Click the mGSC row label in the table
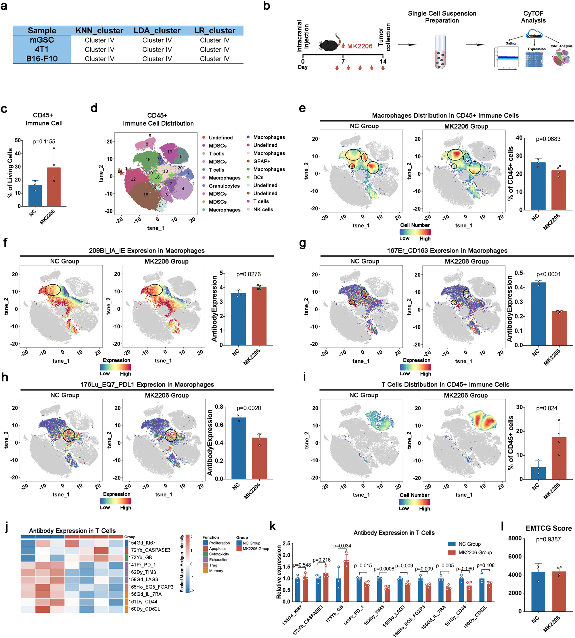click(42, 40)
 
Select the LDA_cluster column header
click(157, 31)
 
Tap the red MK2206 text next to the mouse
click(360, 46)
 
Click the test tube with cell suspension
click(440, 52)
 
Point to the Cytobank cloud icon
click(534, 35)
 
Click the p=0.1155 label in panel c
click(44, 142)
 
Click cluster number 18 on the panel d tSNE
click(146, 195)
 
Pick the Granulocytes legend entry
click(224, 186)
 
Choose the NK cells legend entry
click(263, 210)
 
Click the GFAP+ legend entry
click(262, 161)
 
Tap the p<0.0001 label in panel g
click(549, 274)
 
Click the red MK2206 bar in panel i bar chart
click(559, 458)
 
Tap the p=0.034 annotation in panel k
click(342, 546)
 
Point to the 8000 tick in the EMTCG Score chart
click(515, 538)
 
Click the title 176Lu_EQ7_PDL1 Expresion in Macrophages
click(147, 385)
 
